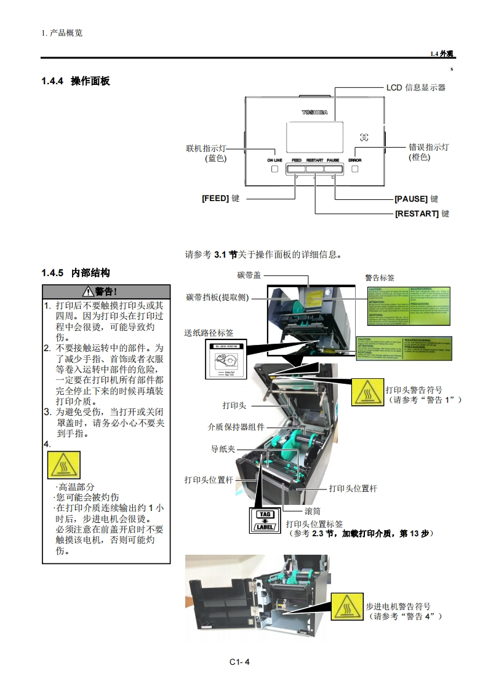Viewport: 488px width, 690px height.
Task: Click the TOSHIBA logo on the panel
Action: click(x=314, y=113)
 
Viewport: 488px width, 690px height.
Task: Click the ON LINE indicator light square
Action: click(x=274, y=169)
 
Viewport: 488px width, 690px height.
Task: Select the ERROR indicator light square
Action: click(x=355, y=169)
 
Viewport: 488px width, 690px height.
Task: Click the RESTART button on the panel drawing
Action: click(x=314, y=168)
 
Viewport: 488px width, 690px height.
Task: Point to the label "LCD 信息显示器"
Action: click(x=415, y=87)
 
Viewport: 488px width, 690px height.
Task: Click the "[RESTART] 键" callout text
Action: click(x=422, y=213)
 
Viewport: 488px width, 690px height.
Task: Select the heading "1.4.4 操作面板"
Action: click(x=76, y=81)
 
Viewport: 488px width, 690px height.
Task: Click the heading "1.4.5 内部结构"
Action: click(x=76, y=272)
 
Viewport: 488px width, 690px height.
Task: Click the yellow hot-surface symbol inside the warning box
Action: click(x=64, y=464)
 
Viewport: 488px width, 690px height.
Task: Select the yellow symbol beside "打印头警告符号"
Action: click(x=367, y=392)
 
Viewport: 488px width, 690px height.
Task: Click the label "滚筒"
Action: click(x=313, y=511)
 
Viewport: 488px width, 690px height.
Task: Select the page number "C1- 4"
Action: click(x=240, y=662)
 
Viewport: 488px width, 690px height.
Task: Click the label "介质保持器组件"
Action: click(x=236, y=427)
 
